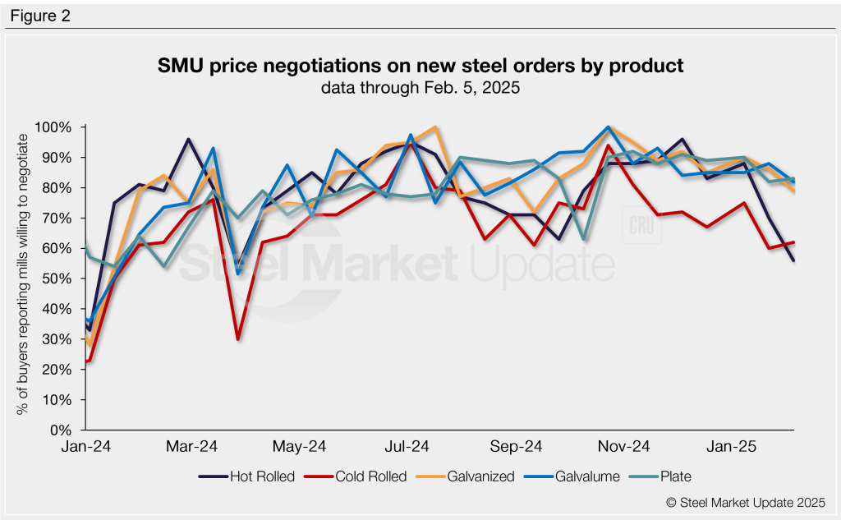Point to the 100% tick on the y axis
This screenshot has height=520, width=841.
pyautogui.click(x=55, y=127)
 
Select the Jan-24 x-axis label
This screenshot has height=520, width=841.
pyautogui.click(x=87, y=447)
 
